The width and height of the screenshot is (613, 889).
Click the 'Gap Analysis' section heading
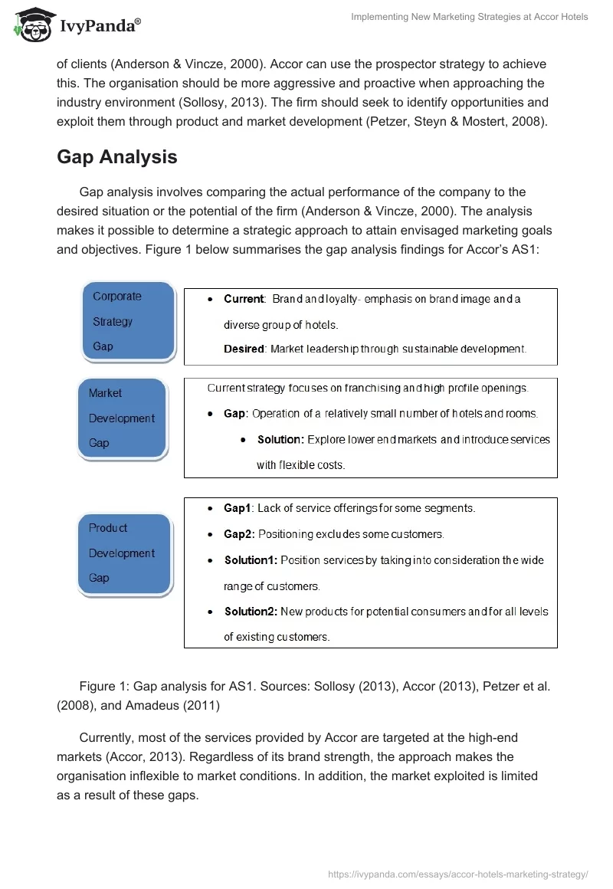[116, 157]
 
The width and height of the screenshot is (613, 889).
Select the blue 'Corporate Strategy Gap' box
[129, 322]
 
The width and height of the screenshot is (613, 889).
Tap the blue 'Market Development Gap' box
[123, 418]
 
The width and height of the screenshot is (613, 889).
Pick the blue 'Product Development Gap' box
[124, 553]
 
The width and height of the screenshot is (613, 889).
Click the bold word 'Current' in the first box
[244, 299]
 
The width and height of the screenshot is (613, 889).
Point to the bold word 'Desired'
[244, 349]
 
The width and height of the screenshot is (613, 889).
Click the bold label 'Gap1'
[237, 508]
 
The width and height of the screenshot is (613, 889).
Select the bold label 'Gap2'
[237, 534]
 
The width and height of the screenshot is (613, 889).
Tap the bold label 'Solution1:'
[251, 560]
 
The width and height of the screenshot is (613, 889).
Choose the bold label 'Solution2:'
[251, 612]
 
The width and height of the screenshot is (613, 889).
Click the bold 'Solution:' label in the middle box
[280, 440]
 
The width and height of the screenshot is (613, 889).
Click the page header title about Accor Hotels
[469, 17]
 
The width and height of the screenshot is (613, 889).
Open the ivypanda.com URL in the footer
[458, 874]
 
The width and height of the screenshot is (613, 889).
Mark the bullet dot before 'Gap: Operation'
[211, 414]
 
